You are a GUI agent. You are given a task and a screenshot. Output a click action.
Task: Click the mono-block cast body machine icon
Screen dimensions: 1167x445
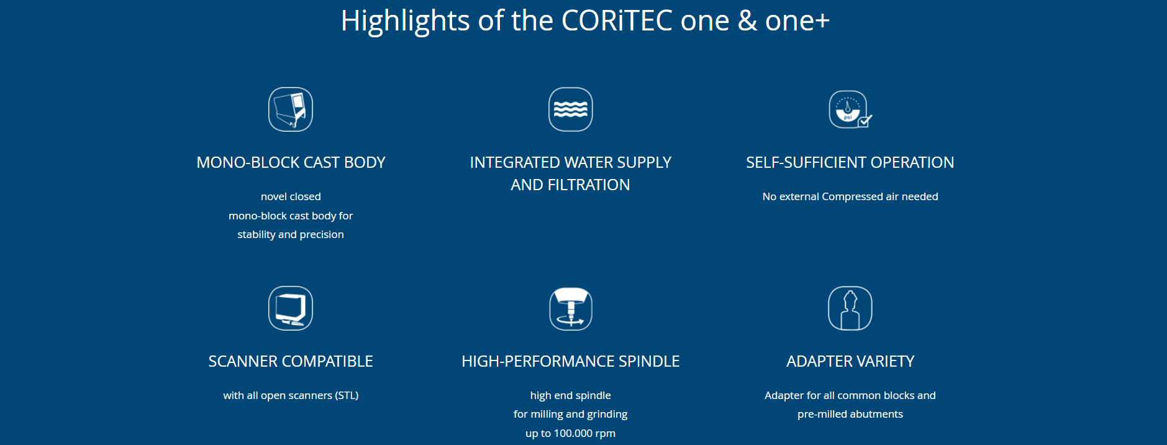point(291,109)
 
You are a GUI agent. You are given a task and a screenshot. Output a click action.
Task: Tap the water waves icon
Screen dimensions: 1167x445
point(571,109)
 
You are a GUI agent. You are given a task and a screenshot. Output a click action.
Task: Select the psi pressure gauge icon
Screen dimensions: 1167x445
point(850,109)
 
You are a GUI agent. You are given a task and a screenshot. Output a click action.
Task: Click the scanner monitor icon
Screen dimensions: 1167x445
point(291,308)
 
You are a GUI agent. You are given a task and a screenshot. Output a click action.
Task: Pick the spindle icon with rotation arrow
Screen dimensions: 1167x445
point(571,308)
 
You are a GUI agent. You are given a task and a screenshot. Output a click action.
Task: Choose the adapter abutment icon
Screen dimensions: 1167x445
point(850,308)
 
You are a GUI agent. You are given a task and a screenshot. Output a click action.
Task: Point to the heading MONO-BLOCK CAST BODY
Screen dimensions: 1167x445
point(291,162)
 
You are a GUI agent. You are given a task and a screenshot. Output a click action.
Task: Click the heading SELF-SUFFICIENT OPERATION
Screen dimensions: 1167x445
point(850,162)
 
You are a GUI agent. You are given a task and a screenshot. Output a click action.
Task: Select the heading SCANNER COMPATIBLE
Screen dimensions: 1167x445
point(291,361)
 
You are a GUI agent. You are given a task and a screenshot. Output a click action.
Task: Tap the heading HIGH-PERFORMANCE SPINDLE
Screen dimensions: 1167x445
point(571,361)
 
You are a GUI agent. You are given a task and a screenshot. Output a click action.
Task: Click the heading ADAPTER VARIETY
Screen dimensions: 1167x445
point(850,361)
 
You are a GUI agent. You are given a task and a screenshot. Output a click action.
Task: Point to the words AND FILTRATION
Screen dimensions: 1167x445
point(571,185)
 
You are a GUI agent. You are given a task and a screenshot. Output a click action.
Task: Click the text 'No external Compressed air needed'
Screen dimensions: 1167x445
point(850,196)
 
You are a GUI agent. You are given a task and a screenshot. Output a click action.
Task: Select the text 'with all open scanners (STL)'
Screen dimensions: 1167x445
point(291,395)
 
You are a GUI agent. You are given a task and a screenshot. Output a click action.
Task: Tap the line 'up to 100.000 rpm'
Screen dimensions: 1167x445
point(571,433)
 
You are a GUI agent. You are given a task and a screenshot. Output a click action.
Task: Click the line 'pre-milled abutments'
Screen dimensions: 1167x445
point(850,414)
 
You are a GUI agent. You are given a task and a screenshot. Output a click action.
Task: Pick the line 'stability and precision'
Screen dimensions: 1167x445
point(291,234)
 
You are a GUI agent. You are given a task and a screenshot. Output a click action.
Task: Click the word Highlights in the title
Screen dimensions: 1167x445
point(406,21)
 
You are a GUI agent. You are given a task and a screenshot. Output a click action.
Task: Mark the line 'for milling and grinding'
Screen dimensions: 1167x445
point(571,414)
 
